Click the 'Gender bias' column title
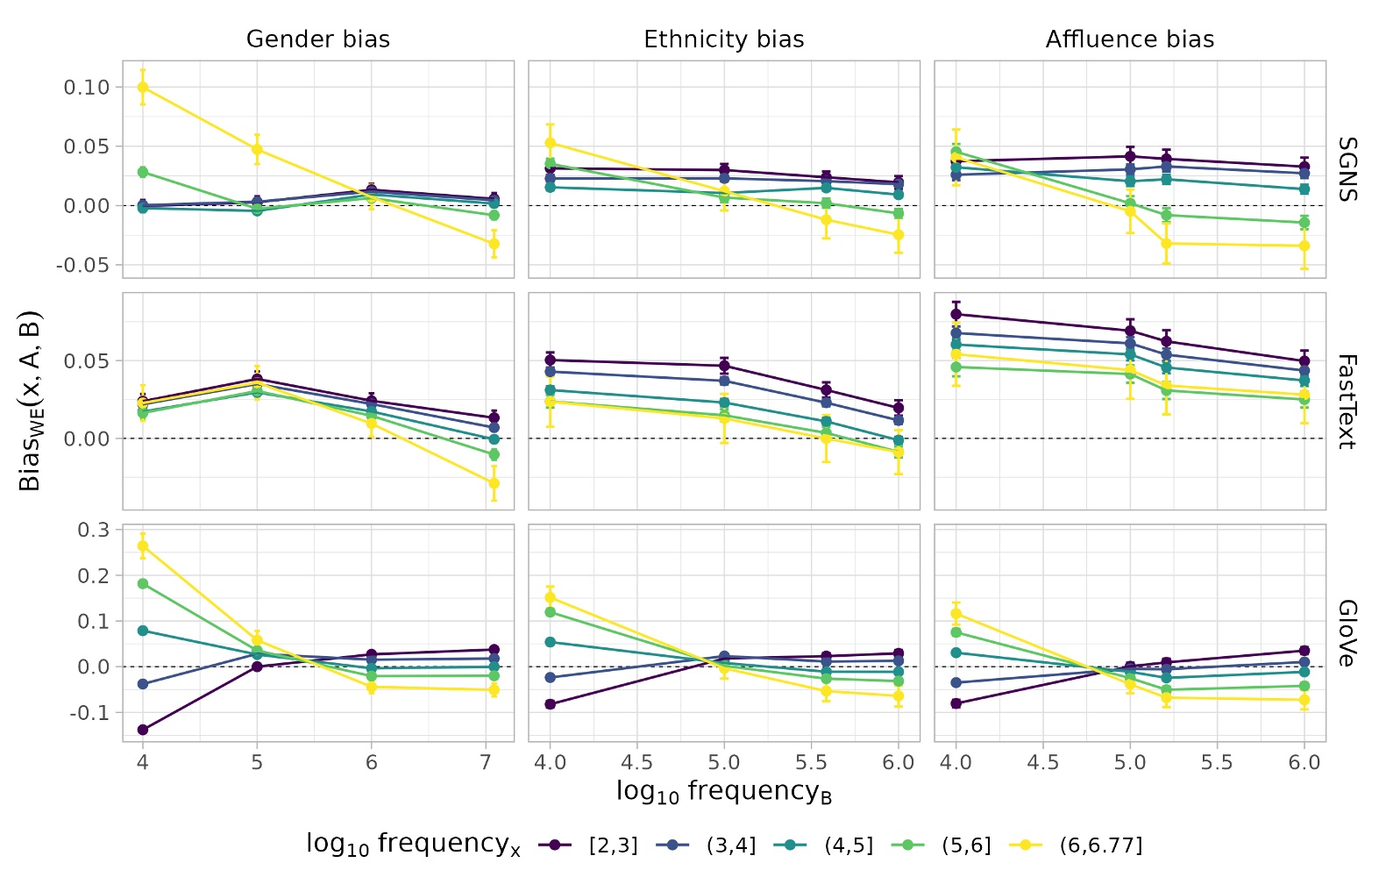coord(317,39)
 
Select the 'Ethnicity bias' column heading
coord(723,39)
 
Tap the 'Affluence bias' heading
coord(1129,39)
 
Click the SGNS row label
coord(1347,169)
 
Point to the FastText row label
coord(1347,402)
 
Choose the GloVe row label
coord(1347,633)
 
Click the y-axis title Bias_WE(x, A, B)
coord(30,401)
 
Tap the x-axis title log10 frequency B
coord(723,792)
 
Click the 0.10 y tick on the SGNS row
coord(87,87)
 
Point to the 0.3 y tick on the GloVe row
coord(93,530)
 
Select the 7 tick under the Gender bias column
coord(486,763)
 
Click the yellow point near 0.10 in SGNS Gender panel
coord(143,87)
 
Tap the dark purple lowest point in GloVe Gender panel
coord(143,730)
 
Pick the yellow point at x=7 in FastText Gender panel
coord(494,483)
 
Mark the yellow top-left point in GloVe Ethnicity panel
coord(551,598)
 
